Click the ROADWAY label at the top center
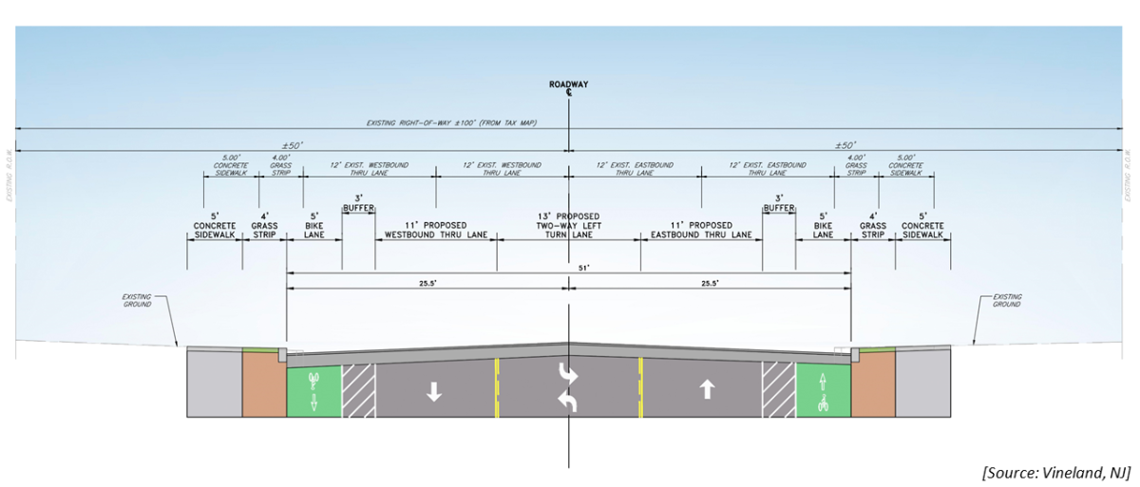pyautogui.click(x=568, y=84)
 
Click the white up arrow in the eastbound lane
pyautogui.click(x=706, y=389)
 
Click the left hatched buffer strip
pyautogui.click(x=358, y=389)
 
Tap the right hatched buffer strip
pyautogui.click(x=776, y=389)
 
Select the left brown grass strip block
pyautogui.click(x=263, y=384)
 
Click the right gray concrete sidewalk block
pyautogui.click(x=923, y=384)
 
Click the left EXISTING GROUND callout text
pyautogui.click(x=138, y=301)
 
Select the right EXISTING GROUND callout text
pyautogui.click(x=1006, y=301)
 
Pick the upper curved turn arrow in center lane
pyautogui.click(x=569, y=372)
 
